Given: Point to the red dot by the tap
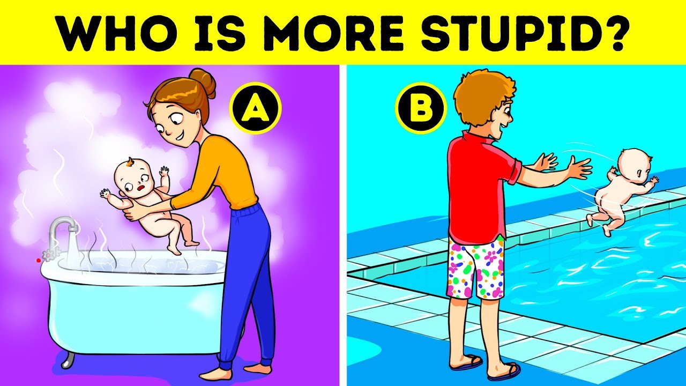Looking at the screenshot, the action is click(38, 261).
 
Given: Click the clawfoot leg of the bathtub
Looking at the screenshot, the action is click(68, 360).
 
